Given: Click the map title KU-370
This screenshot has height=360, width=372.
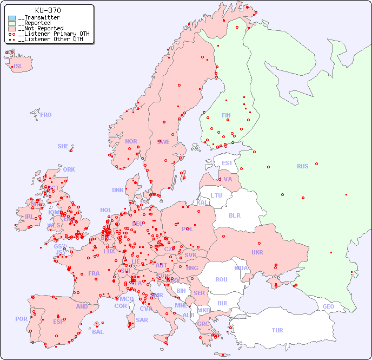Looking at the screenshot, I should [x=48, y=10].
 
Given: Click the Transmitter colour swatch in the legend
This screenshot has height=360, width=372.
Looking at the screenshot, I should [x=12, y=18].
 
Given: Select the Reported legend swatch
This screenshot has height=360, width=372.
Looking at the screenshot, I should [x=12, y=23].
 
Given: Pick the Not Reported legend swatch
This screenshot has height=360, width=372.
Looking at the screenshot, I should [x=12, y=29].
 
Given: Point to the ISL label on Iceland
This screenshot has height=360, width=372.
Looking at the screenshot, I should [x=18, y=67].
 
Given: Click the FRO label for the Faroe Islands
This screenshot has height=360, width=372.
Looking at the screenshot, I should [x=46, y=115].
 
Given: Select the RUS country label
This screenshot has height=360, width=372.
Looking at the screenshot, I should [x=302, y=166].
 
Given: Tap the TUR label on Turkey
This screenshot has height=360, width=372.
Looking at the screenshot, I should [x=277, y=330].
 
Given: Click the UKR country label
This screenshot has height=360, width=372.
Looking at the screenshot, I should [x=257, y=252].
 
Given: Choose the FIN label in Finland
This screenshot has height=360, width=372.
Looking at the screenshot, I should [x=226, y=115].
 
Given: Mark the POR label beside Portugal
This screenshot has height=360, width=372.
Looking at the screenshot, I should [x=21, y=319].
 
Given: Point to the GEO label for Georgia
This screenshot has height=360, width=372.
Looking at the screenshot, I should [x=328, y=306].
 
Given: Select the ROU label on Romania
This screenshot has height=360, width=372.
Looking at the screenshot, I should [x=221, y=279].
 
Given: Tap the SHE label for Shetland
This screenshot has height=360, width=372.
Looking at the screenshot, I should [x=63, y=146].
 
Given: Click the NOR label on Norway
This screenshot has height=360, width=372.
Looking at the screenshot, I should [x=131, y=141].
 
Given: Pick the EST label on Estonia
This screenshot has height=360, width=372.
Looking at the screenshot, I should [x=227, y=163].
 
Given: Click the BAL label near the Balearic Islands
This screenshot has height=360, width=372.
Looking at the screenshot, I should [x=97, y=332].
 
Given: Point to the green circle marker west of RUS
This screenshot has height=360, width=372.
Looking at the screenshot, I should [x=282, y=194].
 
